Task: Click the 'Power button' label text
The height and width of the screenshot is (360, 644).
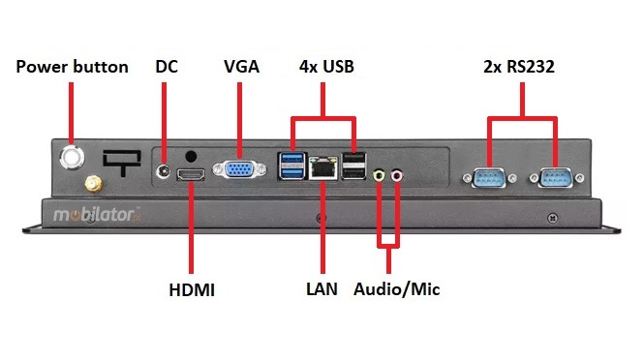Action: click(72, 67)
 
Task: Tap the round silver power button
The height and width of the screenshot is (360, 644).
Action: click(72, 155)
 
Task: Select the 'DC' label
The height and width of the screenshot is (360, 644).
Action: click(167, 67)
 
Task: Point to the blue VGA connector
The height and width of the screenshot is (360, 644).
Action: click(236, 171)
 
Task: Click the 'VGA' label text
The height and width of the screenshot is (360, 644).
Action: click(241, 67)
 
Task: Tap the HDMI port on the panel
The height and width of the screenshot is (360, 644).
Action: click(192, 174)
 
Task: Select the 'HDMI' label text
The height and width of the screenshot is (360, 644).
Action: click(192, 288)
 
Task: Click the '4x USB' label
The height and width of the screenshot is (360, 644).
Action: click(325, 67)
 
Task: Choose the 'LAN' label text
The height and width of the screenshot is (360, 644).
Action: click(322, 288)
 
